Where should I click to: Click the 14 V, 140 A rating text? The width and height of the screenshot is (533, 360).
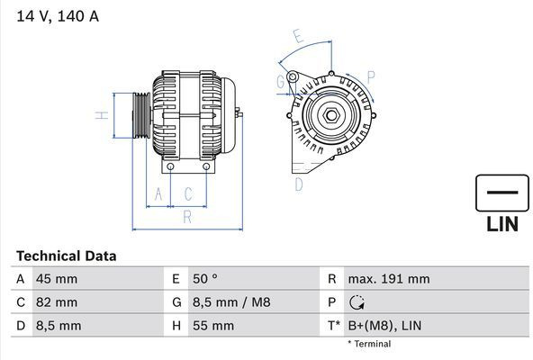pos(58,16)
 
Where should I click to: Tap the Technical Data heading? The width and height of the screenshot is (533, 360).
pos(67,256)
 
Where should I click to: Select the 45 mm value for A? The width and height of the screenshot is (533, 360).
pos(57,279)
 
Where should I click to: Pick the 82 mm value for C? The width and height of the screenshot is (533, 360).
pos(57,302)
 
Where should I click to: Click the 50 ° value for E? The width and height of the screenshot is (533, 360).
pos(205,279)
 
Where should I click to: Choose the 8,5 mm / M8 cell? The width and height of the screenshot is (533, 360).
pos(231,302)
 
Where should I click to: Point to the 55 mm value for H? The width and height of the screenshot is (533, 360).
pos(213,326)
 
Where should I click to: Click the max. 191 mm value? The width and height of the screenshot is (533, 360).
pos(389,279)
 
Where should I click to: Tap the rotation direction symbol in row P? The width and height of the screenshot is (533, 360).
pos(357,302)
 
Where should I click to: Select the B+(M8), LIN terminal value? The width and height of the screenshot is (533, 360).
pos(384,326)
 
